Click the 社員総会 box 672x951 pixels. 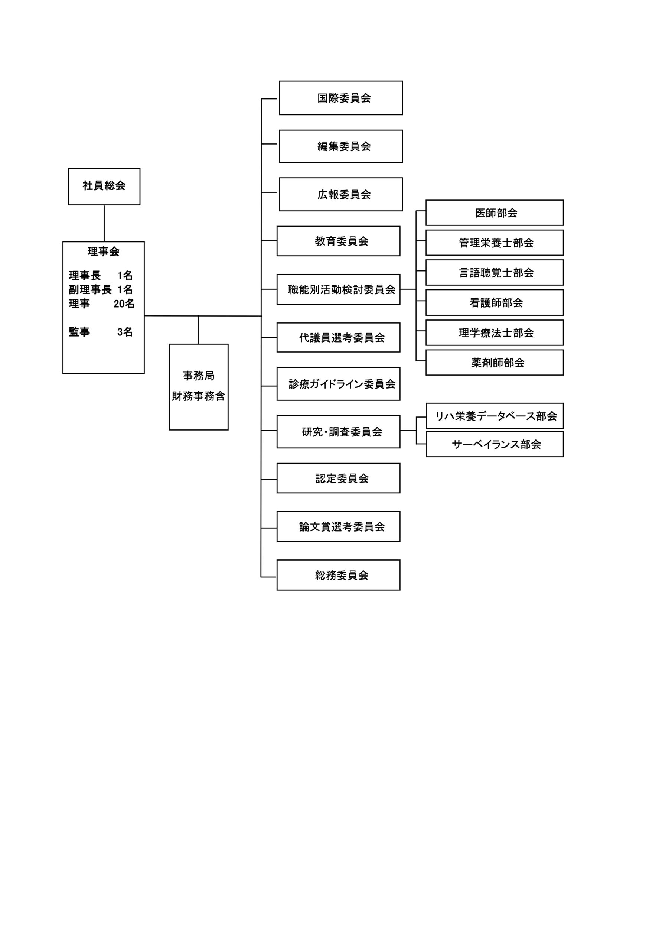pyautogui.click(x=104, y=186)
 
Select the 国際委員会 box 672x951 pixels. pyautogui.click(x=341, y=98)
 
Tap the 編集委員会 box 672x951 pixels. pyautogui.click(x=341, y=146)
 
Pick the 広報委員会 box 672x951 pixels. pyautogui.click(x=341, y=194)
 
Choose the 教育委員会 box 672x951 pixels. pyautogui.click(x=338, y=241)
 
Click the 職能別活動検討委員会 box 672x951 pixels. pyautogui.click(x=338, y=289)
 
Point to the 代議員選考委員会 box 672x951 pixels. pyautogui.click(x=338, y=338)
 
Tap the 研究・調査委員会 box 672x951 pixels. pyautogui.click(x=338, y=432)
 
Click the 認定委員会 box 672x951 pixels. pyautogui.click(x=338, y=478)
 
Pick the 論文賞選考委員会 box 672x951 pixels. pyautogui.click(x=338, y=526)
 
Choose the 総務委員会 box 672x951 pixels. pyautogui.click(x=338, y=575)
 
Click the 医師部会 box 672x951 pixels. pyautogui.click(x=495, y=213)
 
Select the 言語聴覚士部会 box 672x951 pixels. pyautogui.click(x=495, y=273)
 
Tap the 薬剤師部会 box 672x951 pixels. pyautogui.click(x=495, y=363)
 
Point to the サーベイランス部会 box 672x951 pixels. pyautogui.click(x=495, y=444)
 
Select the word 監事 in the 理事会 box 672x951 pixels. pyautogui.click(x=79, y=332)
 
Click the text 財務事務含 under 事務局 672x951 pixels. pyautogui.click(x=198, y=396)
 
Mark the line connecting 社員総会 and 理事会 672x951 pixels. pyautogui.click(x=104, y=223)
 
